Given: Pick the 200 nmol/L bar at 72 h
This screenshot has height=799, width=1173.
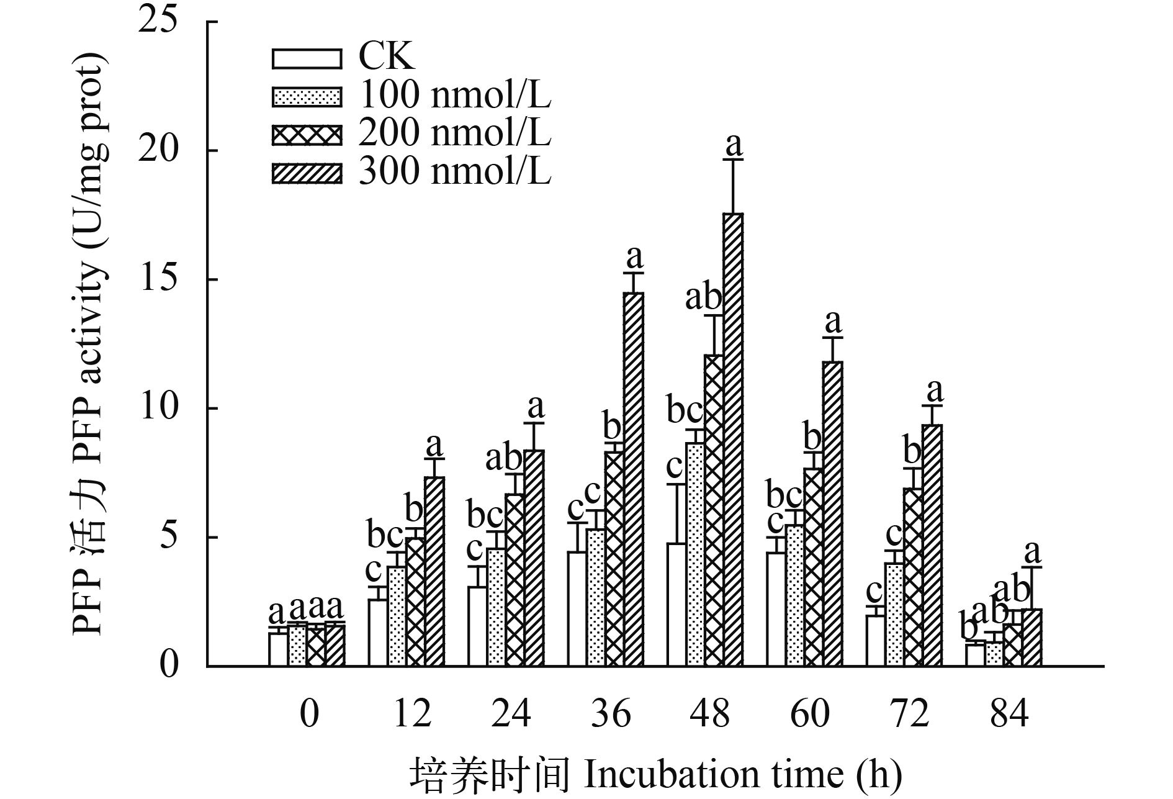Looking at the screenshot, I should point(913,577).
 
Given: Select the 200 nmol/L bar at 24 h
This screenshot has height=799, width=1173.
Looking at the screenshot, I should point(515,580).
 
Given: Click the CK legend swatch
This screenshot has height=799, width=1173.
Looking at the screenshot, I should point(307,58).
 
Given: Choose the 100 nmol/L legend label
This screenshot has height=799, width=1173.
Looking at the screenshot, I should point(455,96).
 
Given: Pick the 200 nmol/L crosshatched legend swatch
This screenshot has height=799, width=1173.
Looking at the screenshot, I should point(307,135).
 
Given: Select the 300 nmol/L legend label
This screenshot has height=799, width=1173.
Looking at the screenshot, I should point(455,172).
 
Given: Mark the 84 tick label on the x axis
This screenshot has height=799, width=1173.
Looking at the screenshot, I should point(1009,714).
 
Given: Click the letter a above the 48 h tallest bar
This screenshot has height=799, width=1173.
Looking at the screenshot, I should point(734,145).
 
